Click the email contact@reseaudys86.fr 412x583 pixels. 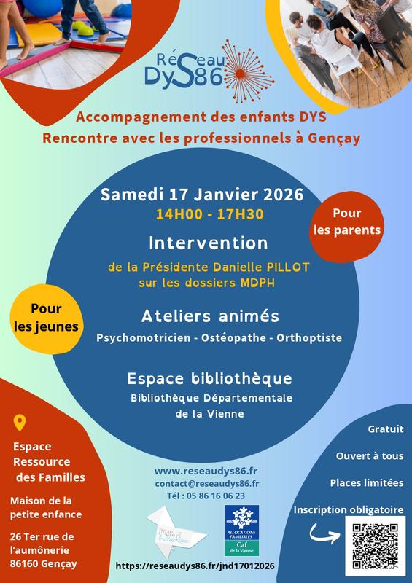click(207, 483)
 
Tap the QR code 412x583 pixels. click(372, 545)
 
